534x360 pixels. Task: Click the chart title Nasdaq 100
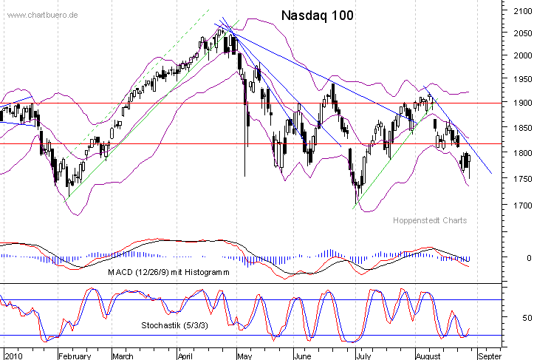(x=318, y=16)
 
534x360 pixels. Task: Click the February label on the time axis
(x=75, y=356)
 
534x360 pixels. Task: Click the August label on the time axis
(x=428, y=356)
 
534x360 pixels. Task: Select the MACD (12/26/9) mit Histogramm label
(x=168, y=272)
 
